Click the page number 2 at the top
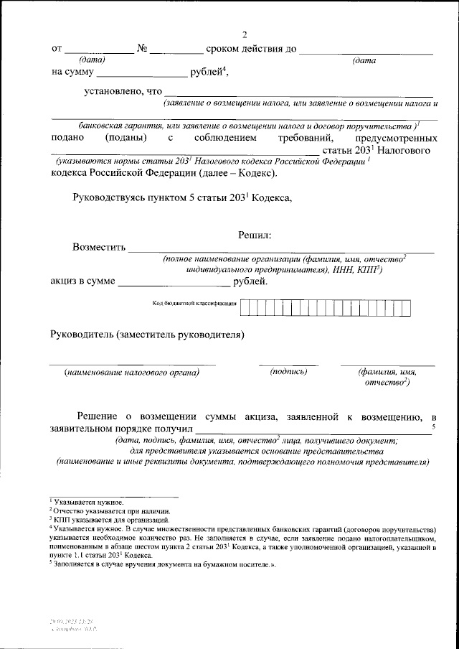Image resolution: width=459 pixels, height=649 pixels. [245, 35]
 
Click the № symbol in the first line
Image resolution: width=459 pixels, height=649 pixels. [142, 49]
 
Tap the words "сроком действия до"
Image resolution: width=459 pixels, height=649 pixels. [250, 49]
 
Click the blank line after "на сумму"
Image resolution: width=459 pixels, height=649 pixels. [141, 72]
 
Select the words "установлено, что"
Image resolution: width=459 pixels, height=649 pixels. [123, 91]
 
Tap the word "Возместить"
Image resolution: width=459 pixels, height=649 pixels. [98, 248]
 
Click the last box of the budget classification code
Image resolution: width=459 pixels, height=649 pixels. [406, 307]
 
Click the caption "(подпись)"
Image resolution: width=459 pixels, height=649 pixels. [288, 371]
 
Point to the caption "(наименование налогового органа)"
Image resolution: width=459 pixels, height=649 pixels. [131, 372]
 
